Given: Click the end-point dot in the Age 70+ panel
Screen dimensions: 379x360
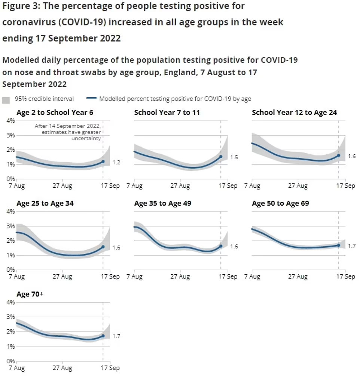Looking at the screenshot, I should tap(103, 336).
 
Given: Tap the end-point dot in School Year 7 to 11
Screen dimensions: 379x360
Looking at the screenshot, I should tap(221, 157).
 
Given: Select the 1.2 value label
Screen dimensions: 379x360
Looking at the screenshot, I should tap(116, 163).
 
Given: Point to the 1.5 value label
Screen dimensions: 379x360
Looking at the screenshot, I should tap(234, 157).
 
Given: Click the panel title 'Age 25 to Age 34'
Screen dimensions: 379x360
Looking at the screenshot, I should tap(45, 204).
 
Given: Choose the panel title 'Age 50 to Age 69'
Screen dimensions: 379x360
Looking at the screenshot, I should tap(280, 204).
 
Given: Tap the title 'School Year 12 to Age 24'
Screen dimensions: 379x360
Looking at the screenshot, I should tap(294, 113).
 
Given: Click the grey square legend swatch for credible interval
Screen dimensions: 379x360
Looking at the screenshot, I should tap(6, 100).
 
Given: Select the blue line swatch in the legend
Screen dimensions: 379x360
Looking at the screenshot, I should tap(91, 99).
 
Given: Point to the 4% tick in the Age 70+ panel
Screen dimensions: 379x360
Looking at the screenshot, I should tap(10, 302).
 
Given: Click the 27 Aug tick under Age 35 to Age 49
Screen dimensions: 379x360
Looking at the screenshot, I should tap(180, 277).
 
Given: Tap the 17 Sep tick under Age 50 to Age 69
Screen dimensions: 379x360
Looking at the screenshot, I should tap(344, 277).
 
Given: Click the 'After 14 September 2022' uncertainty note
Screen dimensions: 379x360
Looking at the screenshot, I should tap(68, 132).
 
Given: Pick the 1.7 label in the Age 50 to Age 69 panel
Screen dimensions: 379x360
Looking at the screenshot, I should tap(352, 246).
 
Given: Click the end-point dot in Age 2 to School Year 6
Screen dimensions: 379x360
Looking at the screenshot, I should tap(103, 162).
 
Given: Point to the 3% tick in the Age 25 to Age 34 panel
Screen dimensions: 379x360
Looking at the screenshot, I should tap(10, 226).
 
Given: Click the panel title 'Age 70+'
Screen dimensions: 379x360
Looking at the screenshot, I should tap(30, 295).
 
